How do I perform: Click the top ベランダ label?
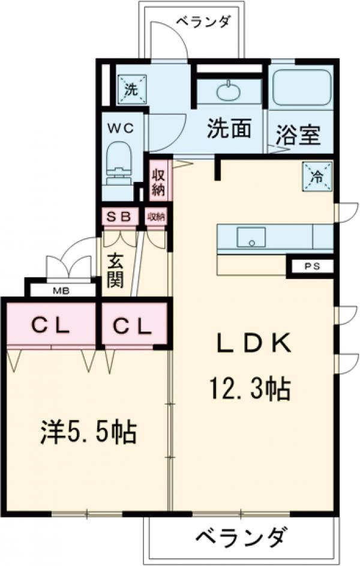point(203,22)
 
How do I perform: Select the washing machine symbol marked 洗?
point(130,88)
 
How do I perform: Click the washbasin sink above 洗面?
point(229,92)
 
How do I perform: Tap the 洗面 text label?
point(229,129)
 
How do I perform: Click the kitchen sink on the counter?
point(251,237)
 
